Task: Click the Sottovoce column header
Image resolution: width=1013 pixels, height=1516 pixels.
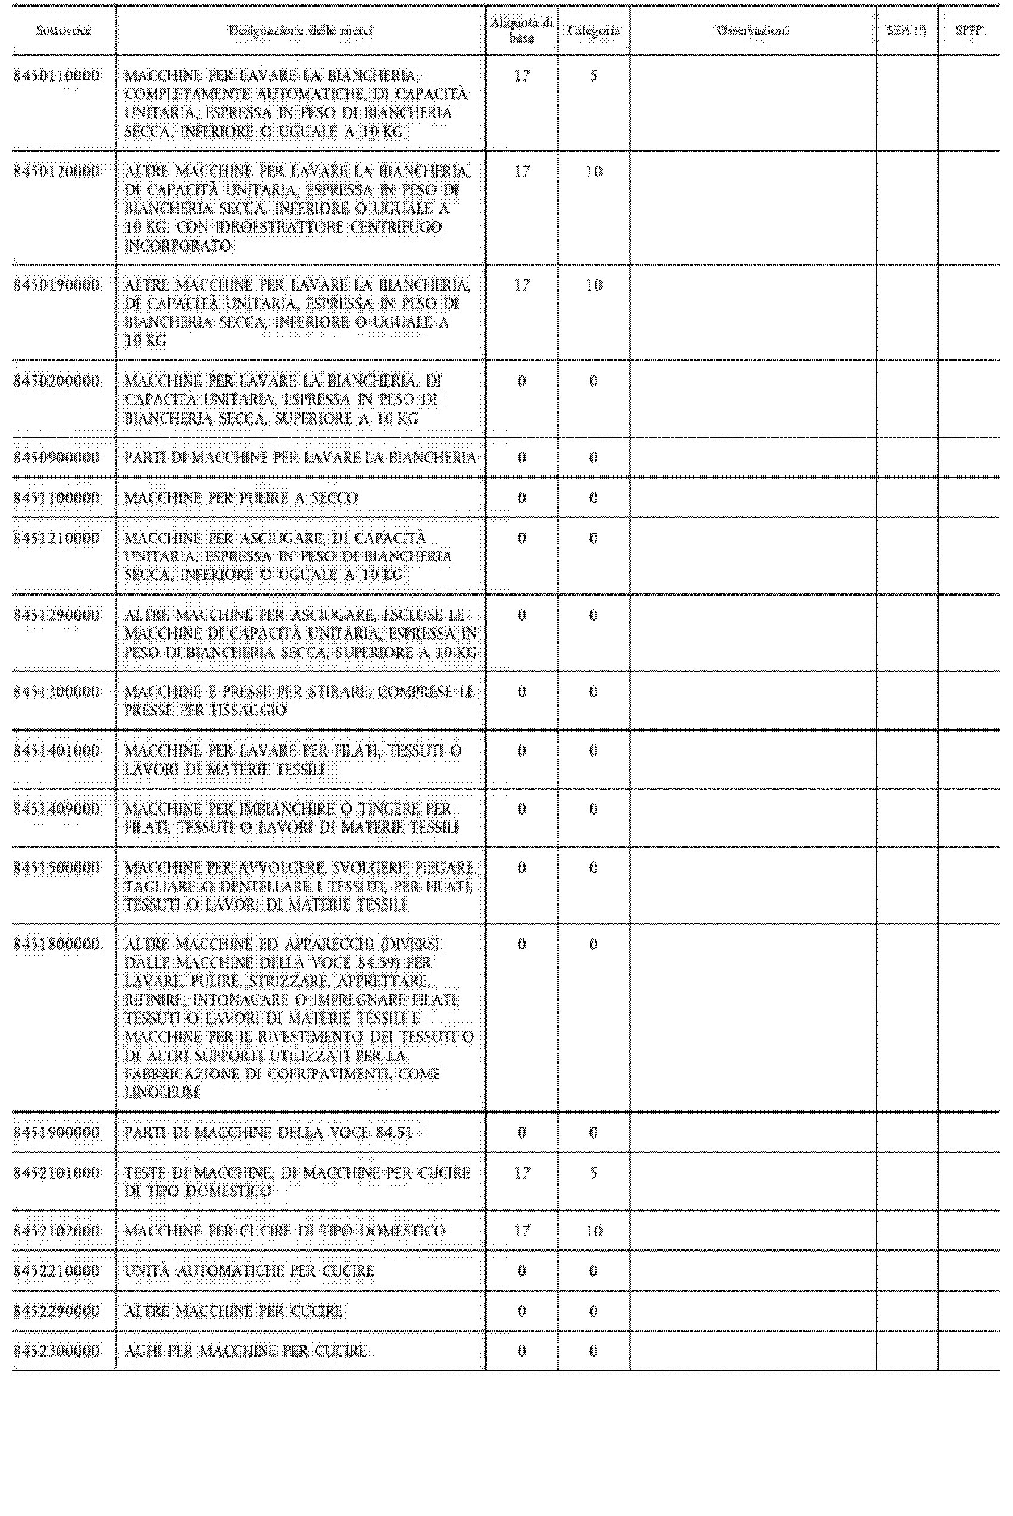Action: (x=63, y=31)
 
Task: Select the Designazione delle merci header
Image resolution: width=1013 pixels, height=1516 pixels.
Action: (x=301, y=31)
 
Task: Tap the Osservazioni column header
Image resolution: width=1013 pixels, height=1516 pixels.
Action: (x=753, y=31)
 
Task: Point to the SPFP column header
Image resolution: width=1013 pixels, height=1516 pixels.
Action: (x=968, y=31)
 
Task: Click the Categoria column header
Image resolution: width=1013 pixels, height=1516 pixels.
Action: (x=593, y=31)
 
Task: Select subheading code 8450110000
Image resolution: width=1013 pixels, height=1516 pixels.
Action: (x=57, y=76)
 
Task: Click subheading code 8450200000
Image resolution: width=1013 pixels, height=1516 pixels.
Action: (x=57, y=381)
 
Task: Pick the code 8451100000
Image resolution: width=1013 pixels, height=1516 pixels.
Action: (x=57, y=498)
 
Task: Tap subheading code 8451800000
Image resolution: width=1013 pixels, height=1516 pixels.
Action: (x=57, y=945)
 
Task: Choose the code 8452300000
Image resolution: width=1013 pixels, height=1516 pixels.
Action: (x=57, y=1351)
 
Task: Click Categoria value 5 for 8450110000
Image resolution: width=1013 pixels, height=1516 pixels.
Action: (x=593, y=76)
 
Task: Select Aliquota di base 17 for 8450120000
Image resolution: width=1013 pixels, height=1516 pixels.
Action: (x=521, y=172)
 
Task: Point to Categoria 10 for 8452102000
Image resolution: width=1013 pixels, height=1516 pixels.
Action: (x=593, y=1230)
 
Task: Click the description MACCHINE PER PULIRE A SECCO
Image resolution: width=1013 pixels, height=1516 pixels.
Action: (x=241, y=498)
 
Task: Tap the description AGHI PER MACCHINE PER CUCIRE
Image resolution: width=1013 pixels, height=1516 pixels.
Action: (x=245, y=1351)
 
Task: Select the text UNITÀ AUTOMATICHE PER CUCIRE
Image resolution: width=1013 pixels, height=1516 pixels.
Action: (x=249, y=1271)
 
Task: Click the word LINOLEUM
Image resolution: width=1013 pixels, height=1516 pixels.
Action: (x=161, y=1092)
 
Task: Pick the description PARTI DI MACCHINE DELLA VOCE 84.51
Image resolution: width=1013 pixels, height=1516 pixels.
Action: (x=268, y=1132)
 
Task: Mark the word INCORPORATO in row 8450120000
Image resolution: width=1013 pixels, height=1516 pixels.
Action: (x=178, y=246)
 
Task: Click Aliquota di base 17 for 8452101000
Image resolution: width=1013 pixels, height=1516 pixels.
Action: (x=521, y=1173)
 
